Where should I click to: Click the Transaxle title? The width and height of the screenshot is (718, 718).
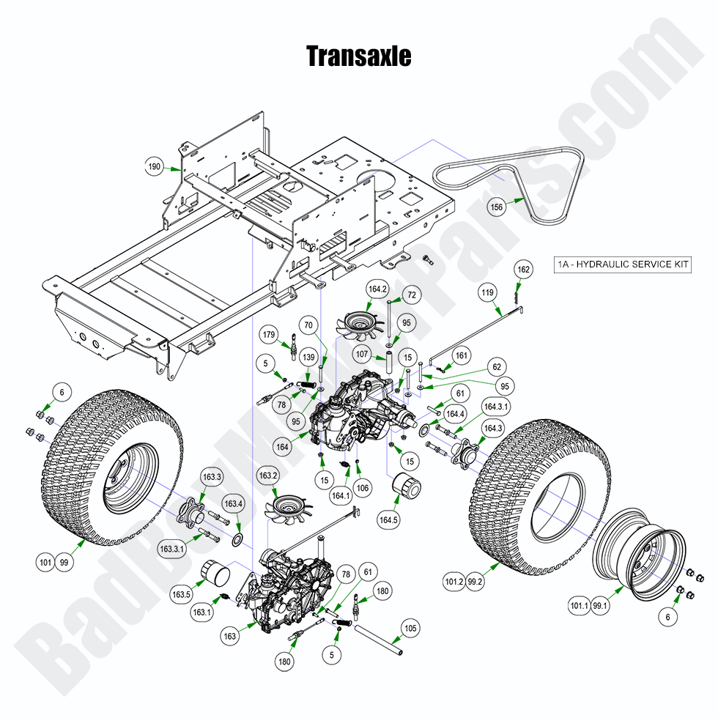(358, 56)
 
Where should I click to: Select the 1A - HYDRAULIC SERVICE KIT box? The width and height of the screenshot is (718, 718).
(622, 265)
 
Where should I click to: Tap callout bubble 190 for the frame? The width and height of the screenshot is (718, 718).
(154, 167)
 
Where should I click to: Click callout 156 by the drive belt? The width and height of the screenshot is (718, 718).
(497, 207)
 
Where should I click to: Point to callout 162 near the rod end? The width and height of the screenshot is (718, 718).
(522, 270)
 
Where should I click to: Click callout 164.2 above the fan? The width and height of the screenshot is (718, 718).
(378, 289)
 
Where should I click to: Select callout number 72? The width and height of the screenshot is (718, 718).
(412, 295)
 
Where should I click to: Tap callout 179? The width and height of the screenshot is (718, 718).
(270, 336)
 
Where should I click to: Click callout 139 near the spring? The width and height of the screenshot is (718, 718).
(308, 357)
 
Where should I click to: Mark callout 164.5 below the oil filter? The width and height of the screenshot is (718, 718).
(388, 521)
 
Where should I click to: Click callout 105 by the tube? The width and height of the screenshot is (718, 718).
(410, 627)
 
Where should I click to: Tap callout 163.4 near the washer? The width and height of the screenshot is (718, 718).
(234, 504)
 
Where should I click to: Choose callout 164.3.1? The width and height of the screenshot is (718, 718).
(496, 406)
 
